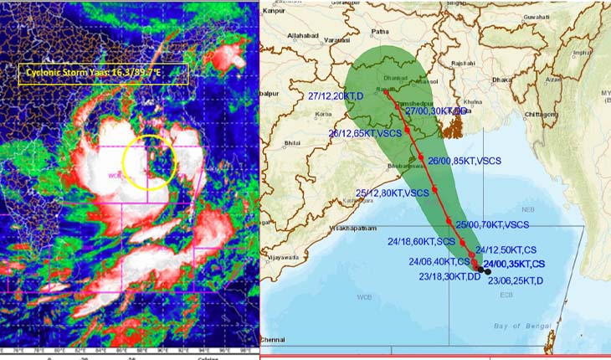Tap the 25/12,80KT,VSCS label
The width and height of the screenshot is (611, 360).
pos(393,193)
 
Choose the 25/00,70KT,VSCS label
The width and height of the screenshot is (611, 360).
pos(492,225)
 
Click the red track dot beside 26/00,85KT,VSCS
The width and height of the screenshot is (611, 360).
pos(420,158)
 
